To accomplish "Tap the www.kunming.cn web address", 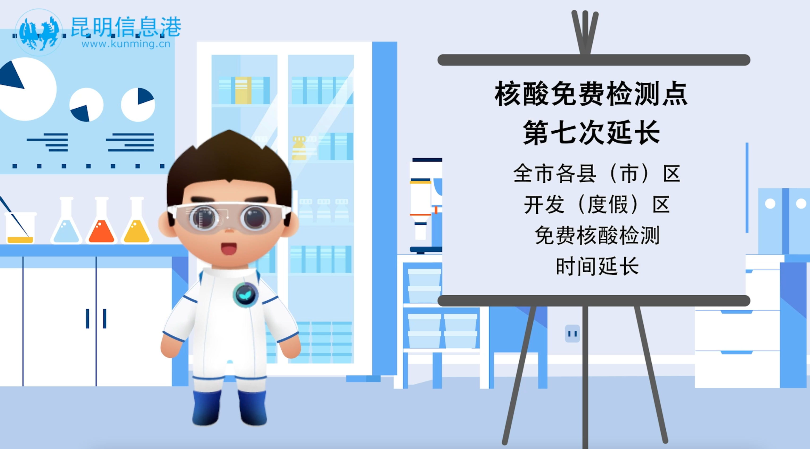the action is [126, 44].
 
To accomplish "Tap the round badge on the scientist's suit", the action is [245, 295].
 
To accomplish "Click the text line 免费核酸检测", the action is [597, 235].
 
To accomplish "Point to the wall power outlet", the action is [572, 333].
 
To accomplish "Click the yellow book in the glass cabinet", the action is [243, 90].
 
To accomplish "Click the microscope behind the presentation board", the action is [426, 206].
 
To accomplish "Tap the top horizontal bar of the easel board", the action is [594, 60].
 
